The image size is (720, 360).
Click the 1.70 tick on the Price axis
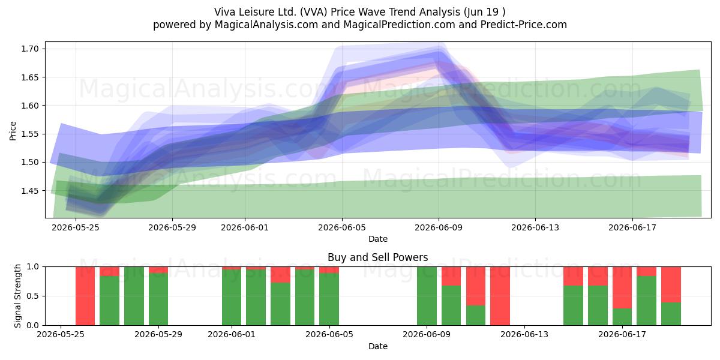click(x=29, y=49)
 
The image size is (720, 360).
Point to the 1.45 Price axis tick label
click(x=29, y=191)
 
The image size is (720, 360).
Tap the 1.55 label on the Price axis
click(x=29, y=134)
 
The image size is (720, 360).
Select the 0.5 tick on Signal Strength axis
click(x=33, y=296)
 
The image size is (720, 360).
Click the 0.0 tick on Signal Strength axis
click(x=33, y=325)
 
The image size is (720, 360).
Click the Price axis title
click(x=13, y=131)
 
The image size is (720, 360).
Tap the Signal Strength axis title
click(x=17, y=296)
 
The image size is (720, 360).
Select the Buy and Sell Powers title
click(x=377, y=257)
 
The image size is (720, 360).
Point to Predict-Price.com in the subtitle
click(x=524, y=25)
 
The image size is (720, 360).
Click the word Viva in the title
click(x=224, y=12)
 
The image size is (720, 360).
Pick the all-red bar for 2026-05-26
click(x=85, y=296)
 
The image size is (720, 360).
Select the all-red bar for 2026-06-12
click(x=500, y=296)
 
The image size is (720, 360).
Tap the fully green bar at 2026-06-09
click(x=427, y=296)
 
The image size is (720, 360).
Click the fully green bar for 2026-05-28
click(x=134, y=296)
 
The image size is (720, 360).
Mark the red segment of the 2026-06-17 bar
click(x=622, y=287)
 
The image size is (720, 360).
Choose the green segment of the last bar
click(x=671, y=314)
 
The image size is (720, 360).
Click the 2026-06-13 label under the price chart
click(x=535, y=228)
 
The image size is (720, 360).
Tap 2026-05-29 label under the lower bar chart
click(x=158, y=335)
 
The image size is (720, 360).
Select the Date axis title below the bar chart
click(x=377, y=347)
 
